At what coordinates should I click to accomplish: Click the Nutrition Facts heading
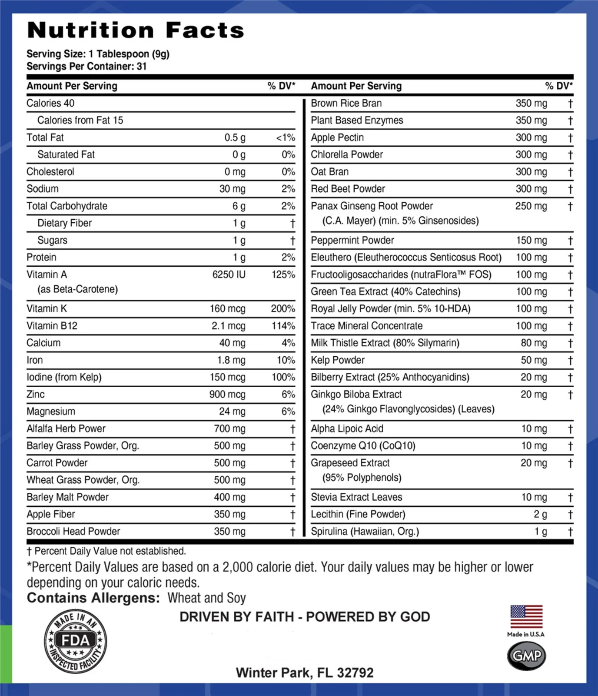point(136,30)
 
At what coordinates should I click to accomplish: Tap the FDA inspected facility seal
point(76,641)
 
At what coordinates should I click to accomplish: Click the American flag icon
point(526,616)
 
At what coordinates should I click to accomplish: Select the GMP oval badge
point(526,656)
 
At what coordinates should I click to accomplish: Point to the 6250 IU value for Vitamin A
point(229,274)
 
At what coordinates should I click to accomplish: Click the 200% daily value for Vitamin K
point(283,309)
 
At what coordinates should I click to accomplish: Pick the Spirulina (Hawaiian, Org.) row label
point(365,532)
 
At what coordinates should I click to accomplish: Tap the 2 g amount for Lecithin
point(540,514)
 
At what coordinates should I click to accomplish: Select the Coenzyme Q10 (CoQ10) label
point(363,446)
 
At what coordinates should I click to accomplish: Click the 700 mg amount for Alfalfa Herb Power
point(229,429)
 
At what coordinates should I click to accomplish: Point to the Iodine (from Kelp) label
point(64,377)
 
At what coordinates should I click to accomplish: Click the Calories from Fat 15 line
point(80,120)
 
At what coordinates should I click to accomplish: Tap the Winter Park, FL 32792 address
point(305,673)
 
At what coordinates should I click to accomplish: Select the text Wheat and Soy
point(206,598)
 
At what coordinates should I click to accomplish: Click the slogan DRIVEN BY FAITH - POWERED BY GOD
point(305,617)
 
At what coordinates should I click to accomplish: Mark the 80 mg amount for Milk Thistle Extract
point(534,343)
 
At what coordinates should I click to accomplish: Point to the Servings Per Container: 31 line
point(86,67)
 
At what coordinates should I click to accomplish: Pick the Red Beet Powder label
point(348,189)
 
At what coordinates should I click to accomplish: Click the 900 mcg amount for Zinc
point(227,395)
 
